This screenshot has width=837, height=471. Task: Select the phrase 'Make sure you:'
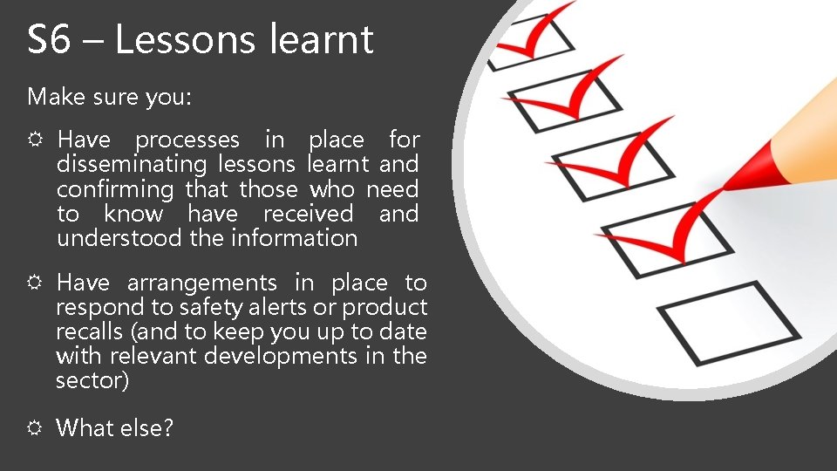(109, 97)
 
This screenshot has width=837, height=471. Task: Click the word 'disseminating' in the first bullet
(132, 164)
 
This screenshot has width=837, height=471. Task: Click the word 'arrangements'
(201, 283)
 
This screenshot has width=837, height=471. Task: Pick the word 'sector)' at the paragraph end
(92, 380)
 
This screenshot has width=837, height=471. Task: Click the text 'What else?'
(115, 428)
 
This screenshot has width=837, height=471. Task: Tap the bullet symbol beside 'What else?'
(36, 428)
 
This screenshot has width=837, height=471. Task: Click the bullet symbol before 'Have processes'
(36, 140)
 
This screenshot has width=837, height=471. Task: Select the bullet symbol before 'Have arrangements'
(36, 283)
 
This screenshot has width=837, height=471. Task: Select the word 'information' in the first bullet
(294, 238)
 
